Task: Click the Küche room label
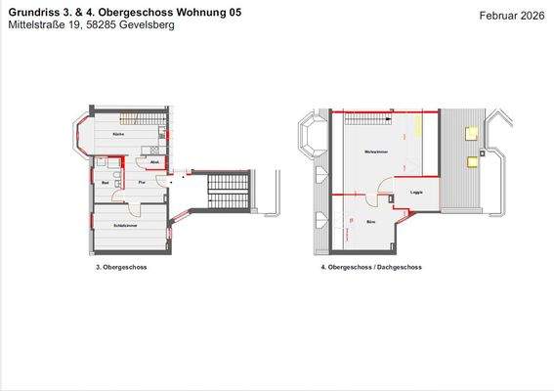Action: (x=117, y=134)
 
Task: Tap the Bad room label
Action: (x=104, y=182)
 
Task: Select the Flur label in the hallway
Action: (x=142, y=182)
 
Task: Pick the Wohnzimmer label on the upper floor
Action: (x=371, y=153)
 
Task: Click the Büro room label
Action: (x=371, y=223)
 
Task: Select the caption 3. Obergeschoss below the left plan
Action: (x=121, y=266)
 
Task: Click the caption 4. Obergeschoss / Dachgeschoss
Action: (x=370, y=266)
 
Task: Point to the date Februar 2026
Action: (x=513, y=16)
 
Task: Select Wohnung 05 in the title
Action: (x=207, y=12)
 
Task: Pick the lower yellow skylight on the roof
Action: (x=473, y=160)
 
